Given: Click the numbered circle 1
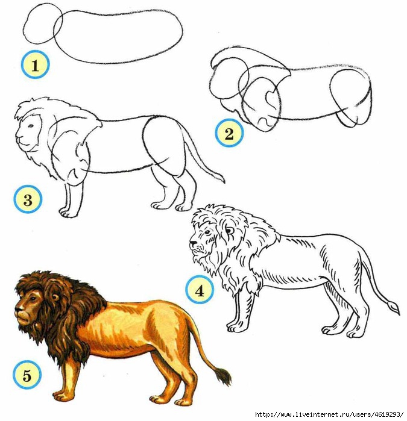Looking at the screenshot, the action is coord(35,64).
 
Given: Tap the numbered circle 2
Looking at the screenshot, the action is coord(229,133).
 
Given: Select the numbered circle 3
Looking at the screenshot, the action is coord(28,200).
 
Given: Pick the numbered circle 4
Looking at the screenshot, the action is coord(200,291).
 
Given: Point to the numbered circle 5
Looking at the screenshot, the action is coord(27,375).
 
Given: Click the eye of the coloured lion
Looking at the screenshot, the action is coord(33,299).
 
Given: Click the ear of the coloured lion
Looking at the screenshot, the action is coord(55,298).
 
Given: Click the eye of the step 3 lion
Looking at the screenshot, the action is coord(31,126).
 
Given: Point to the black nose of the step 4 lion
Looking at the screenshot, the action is coord(193,243).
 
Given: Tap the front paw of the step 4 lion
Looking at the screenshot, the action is coord(236,326).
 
